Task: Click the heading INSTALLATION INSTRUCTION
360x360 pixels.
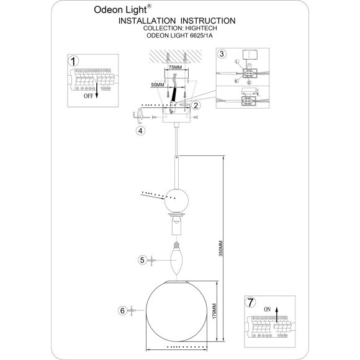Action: coord(172,20)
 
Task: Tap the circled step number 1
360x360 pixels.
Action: coord(74,61)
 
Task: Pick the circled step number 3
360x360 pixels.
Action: coord(222,55)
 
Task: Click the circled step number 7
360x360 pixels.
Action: coord(250,303)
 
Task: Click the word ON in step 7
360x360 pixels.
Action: coord(268,308)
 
